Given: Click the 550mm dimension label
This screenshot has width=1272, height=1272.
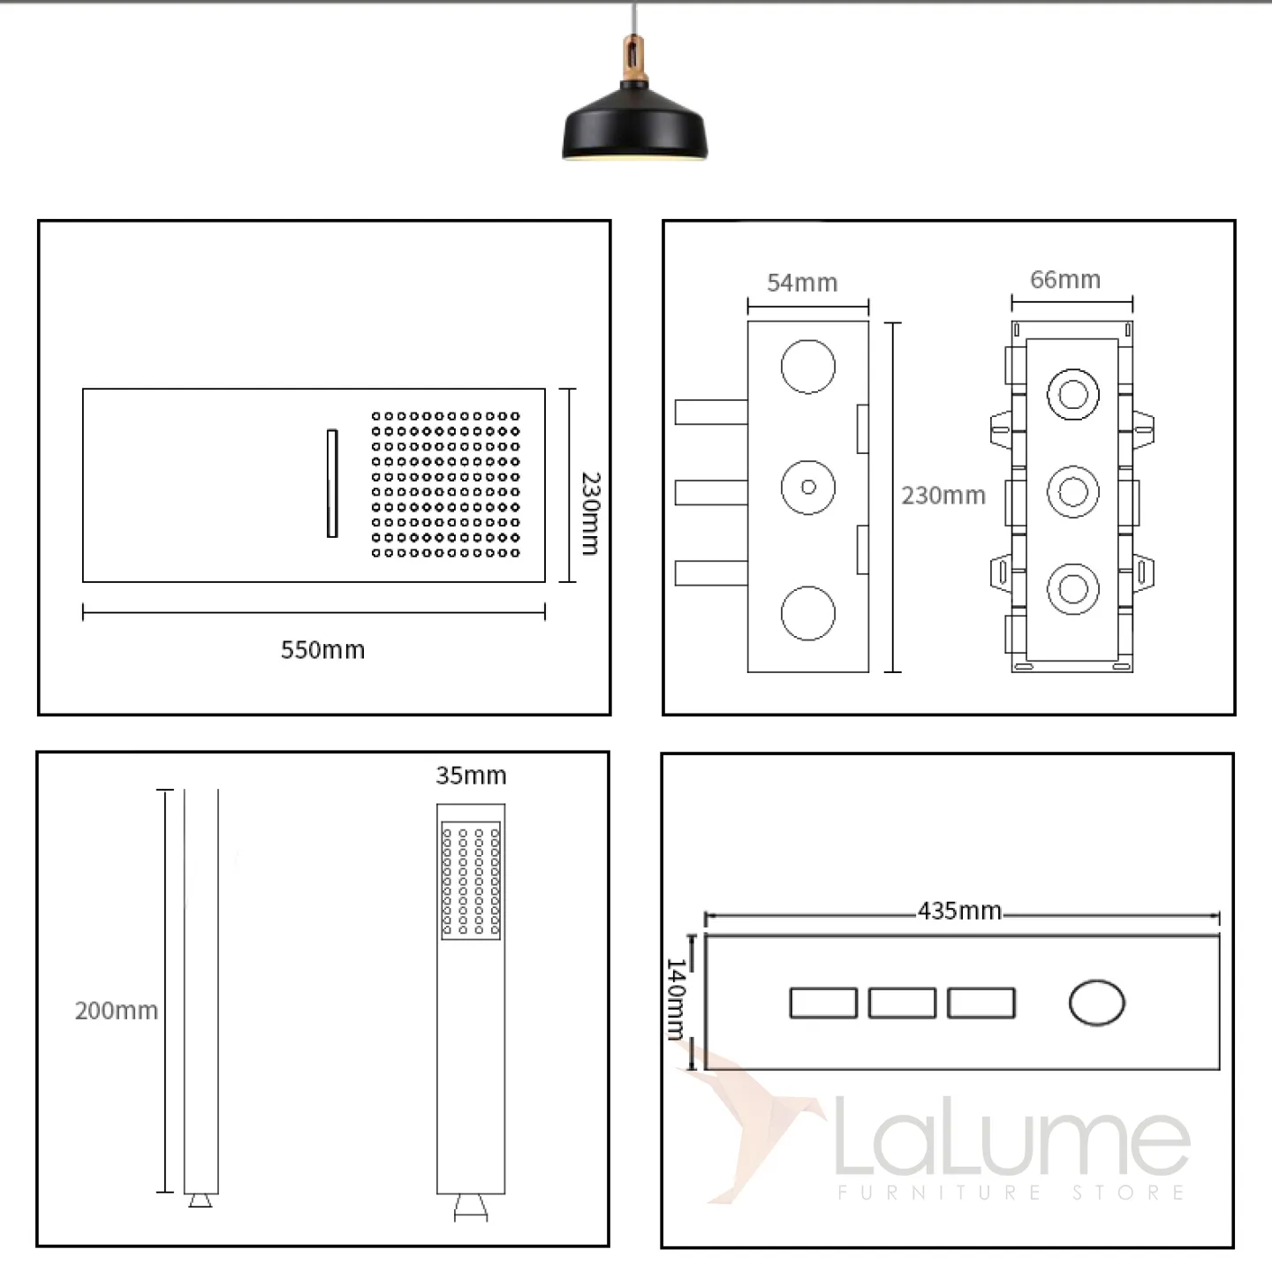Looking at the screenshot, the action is (322, 650).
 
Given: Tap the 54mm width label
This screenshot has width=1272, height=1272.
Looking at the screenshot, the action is (802, 284).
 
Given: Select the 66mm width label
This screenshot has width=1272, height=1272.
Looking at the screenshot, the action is (1065, 280).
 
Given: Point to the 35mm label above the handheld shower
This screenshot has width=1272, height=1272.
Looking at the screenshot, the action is (471, 776).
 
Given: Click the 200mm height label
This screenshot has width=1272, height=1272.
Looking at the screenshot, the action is (117, 1011).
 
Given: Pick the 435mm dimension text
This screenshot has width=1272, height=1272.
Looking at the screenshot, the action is (960, 911).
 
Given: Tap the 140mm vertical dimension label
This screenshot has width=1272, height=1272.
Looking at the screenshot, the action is (677, 999).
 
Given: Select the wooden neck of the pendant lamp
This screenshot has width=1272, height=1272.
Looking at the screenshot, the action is (633, 59).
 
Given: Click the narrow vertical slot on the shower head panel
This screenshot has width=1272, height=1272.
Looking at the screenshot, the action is (332, 483).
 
